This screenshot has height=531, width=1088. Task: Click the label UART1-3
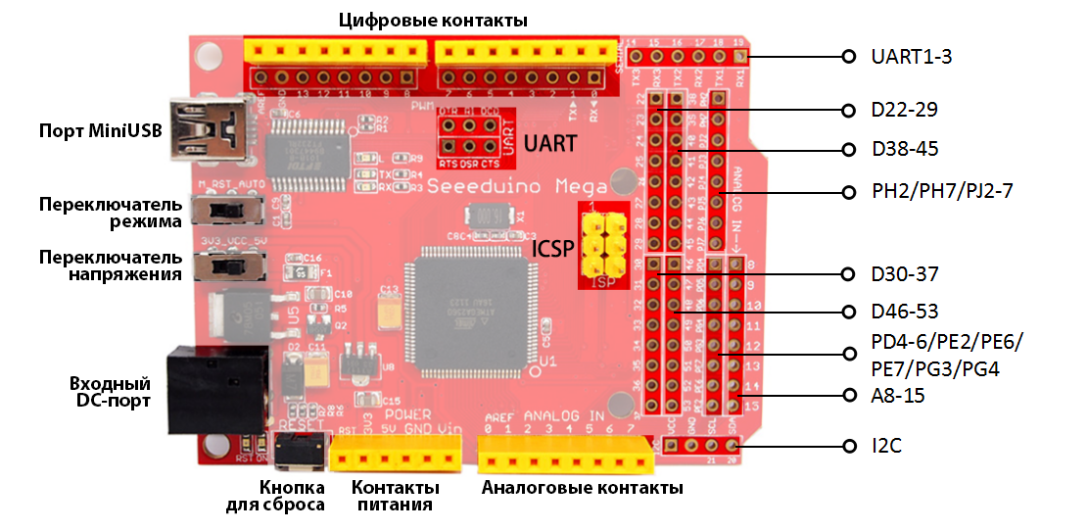click(911, 57)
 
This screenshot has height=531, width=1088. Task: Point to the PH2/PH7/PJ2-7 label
click(942, 190)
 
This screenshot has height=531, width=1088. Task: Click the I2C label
click(886, 446)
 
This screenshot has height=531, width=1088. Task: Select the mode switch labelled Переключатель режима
click(228, 212)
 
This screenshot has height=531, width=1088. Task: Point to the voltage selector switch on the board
click(228, 266)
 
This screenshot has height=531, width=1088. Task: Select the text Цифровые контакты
click(433, 20)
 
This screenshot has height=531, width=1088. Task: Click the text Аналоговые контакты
click(583, 488)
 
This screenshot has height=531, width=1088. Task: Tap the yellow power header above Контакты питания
click(397, 456)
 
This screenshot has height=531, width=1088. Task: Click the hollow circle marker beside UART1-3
click(848, 57)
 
